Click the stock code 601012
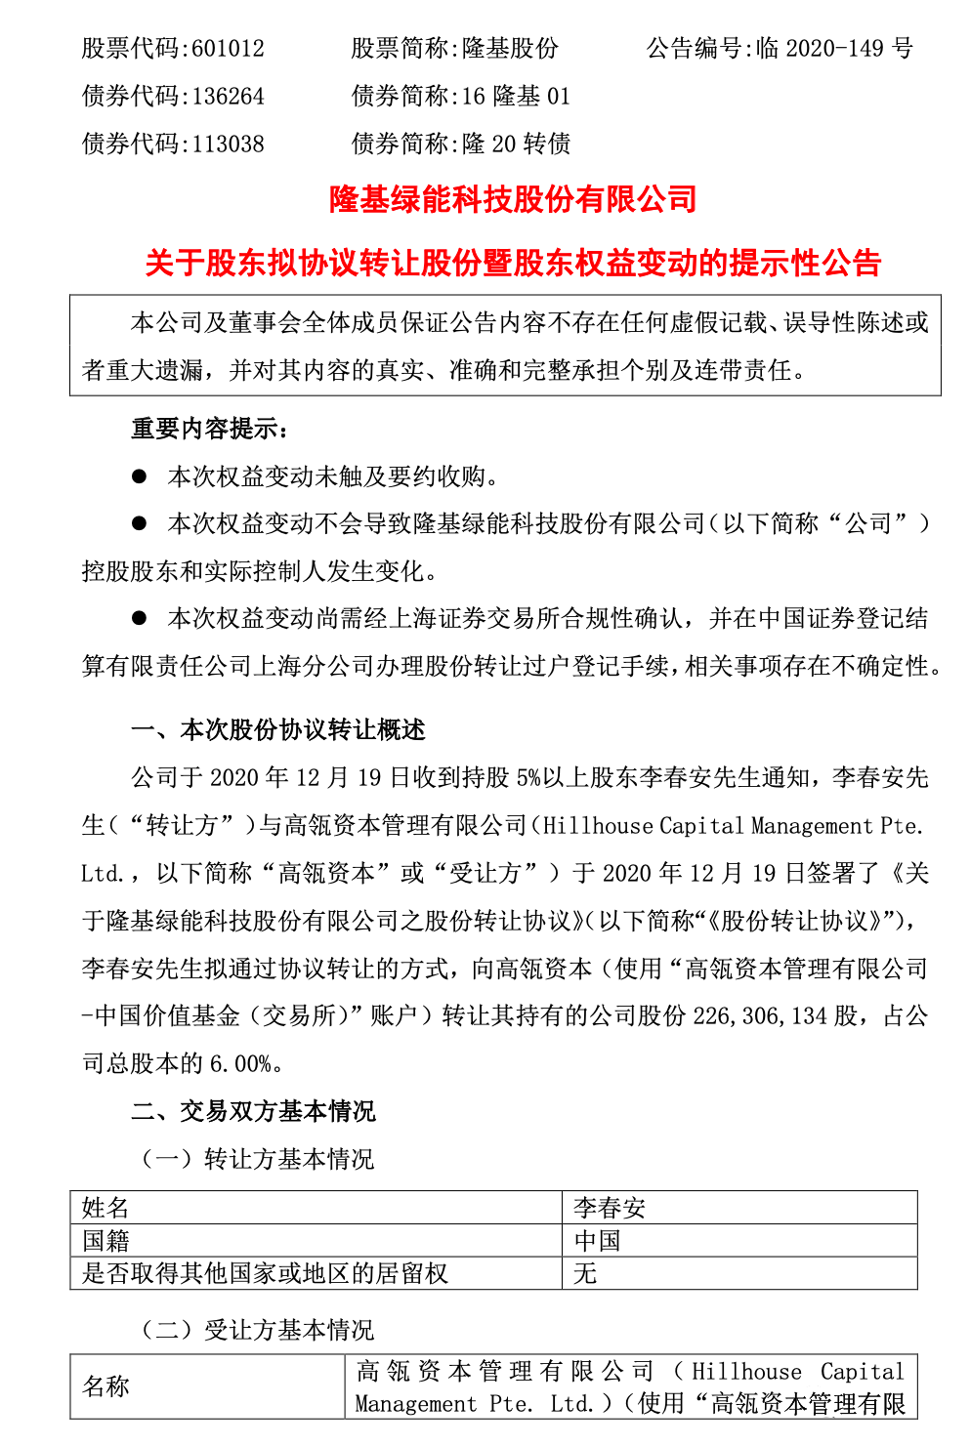(x=228, y=49)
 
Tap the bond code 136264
(x=228, y=97)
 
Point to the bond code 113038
(x=228, y=145)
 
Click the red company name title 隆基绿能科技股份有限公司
(x=513, y=199)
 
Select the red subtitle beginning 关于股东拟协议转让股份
(x=513, y=263)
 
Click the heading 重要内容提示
(x=210, y=429)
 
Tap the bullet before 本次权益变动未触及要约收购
(x=140, y=476)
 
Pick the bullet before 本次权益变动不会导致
(x=140, y=524)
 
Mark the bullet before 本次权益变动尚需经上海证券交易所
(x=140, y=619)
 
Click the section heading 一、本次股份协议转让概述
(x=278, y=730)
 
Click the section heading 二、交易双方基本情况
(x=254, y=1111)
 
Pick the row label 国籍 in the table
(x=105, y=1241)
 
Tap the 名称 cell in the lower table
(x=105, y=1386)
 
